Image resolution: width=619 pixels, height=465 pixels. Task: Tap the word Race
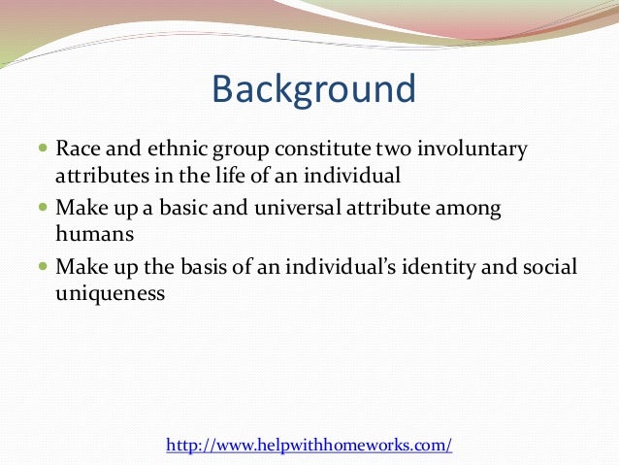[77, 150]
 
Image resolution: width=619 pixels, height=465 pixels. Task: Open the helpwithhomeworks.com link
[309, 446]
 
